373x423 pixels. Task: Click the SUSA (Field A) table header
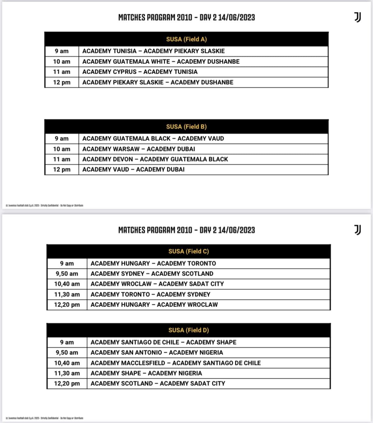(x=186, y=39)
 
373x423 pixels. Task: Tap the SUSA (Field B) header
(x=186, y=127)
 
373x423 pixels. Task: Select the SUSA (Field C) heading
(x=188, y=251)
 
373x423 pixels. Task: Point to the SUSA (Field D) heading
(x=188, y=330)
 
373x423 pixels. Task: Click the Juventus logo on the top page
(x=358, y=17)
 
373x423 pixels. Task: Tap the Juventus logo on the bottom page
(x=358, y=230)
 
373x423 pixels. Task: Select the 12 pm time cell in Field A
(x=62, y=82)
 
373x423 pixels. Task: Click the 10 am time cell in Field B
(x=62, y=149)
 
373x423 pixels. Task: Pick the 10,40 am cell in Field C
(x=67, y=284)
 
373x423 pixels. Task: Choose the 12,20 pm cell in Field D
(x=67, y=383)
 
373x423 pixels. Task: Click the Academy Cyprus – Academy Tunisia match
(x=140, y=72)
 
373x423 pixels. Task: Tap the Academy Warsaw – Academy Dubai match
(x=138, y=149)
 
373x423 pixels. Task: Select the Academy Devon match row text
(x=155, y=159)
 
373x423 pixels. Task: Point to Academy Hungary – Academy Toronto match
(x=153, y=263)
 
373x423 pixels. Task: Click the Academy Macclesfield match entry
(x=175, y=363)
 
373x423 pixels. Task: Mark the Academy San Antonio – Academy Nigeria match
(x=157, y=352)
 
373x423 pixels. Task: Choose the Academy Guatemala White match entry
(x=161, y=62)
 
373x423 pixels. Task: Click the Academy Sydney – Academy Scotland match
(x=152, y=274)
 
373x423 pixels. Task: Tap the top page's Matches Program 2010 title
(x=186, y=17)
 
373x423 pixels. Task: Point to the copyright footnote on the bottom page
(x=44, y=418)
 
